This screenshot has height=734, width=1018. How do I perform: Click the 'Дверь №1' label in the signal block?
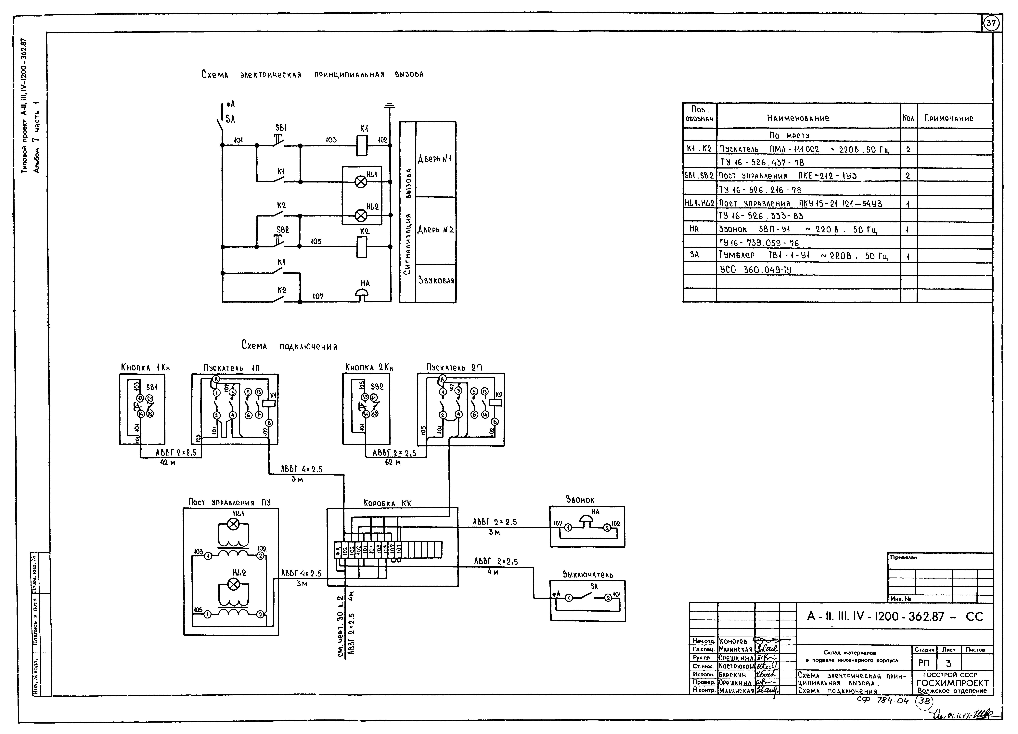(435, 159)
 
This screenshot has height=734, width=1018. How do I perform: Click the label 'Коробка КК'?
(387, 503)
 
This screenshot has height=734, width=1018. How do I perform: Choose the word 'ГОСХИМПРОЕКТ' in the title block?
(952, 683)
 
